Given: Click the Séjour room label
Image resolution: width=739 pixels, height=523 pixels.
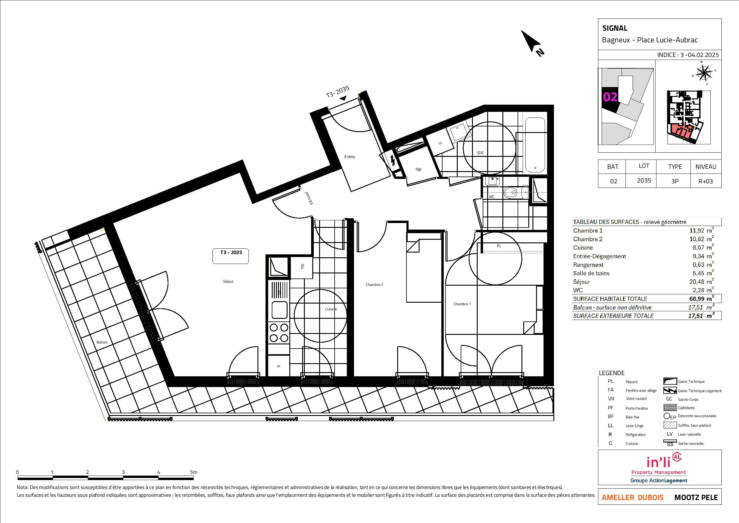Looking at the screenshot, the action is (x=228, y=281).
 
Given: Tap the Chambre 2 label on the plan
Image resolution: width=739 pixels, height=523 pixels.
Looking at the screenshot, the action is (x=374, y=285).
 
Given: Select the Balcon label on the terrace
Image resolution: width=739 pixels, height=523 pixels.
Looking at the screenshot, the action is (x=102, y=342).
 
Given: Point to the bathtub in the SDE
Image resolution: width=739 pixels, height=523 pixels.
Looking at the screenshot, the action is (x=535, y=145).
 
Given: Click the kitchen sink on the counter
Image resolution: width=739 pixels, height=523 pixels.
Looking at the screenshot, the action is (x=280, y=310).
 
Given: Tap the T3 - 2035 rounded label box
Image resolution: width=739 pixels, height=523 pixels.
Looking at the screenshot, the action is (x=231, y=256).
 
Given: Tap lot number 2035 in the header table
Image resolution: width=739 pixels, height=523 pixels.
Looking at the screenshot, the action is (x=644, y=181).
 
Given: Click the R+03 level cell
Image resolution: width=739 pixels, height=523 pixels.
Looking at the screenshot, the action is (x=706, y=181).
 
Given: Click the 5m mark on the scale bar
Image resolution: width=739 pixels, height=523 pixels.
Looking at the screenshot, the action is (x=193, y=472).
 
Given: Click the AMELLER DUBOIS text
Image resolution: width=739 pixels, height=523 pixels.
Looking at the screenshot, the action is (x=633, y=498).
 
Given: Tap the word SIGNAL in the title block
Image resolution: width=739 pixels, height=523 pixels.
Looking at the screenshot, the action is (x=615, y=28).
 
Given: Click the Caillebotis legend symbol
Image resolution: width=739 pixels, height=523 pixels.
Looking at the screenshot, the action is (x=670, y=408).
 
